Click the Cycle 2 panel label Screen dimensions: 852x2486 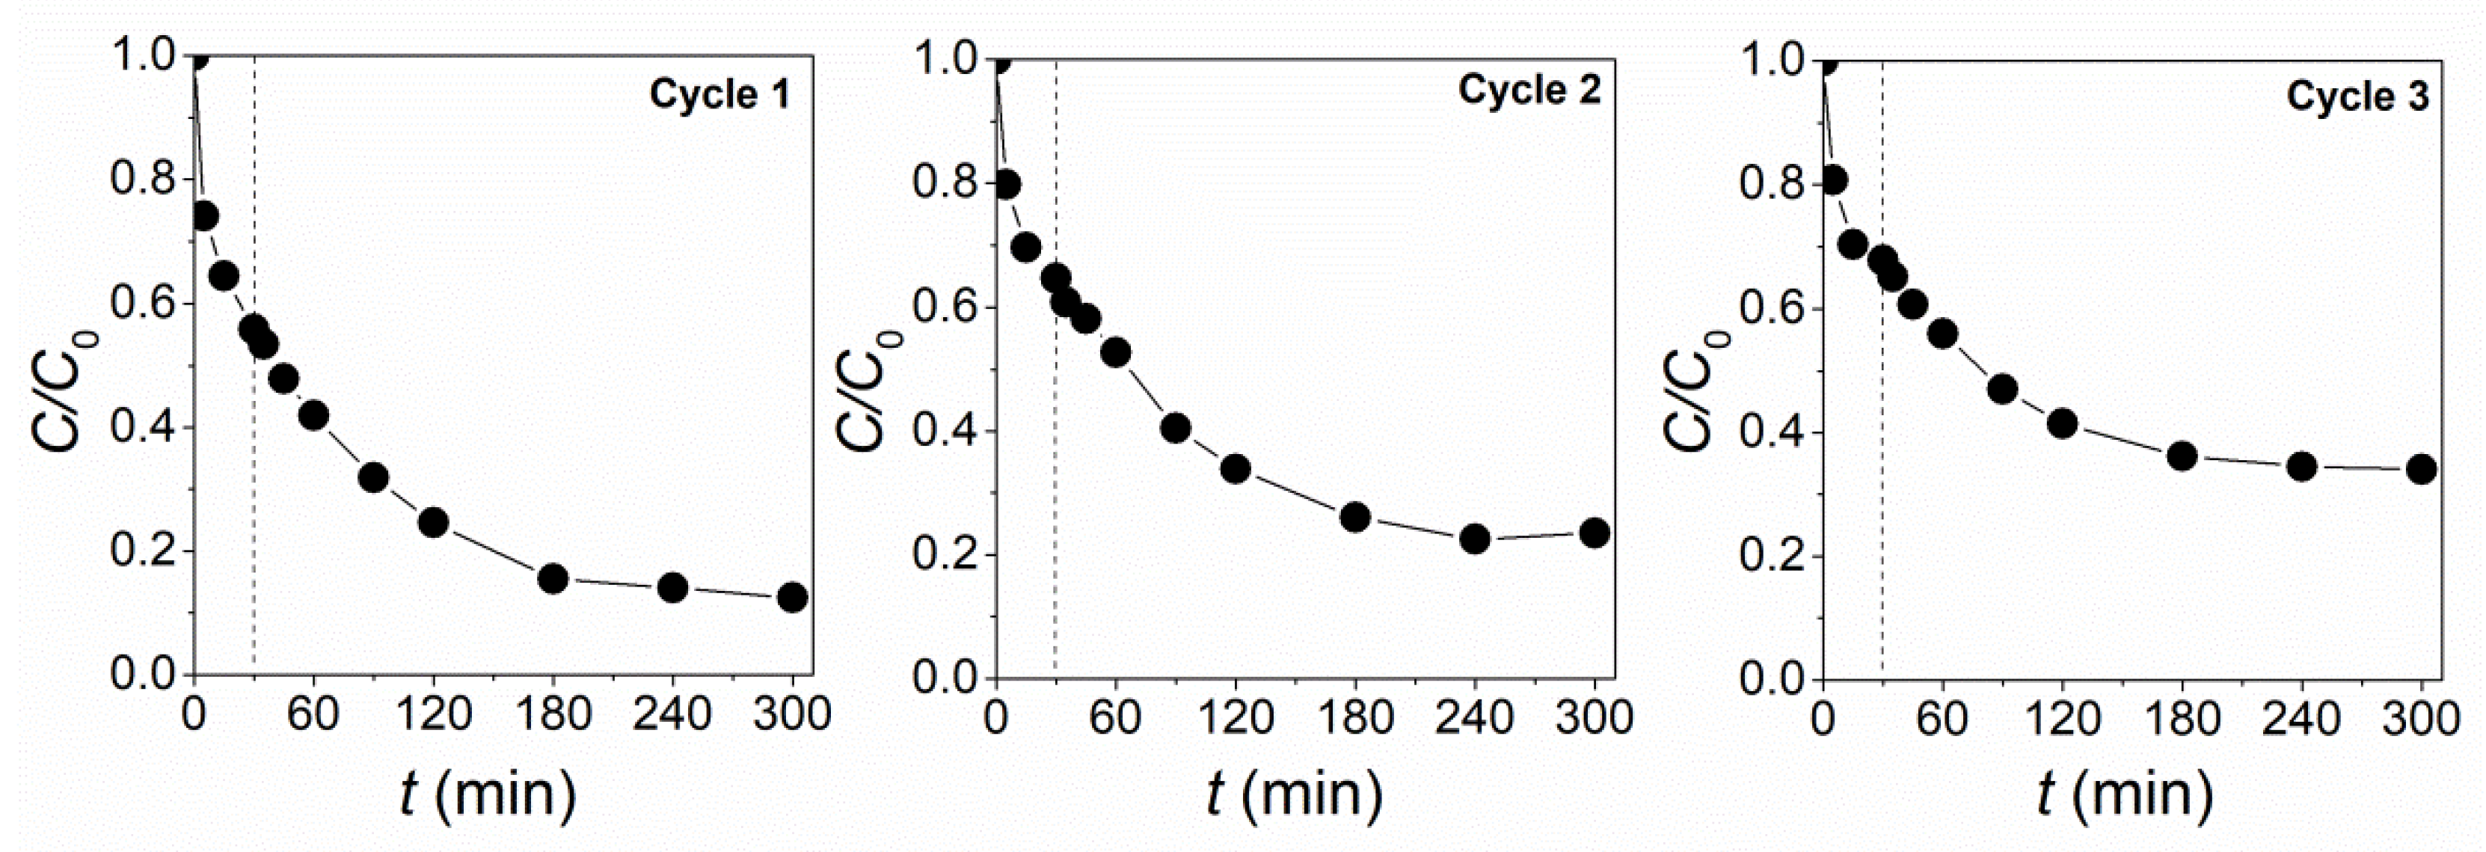pos(1529,90)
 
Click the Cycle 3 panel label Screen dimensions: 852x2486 pos(2357,96)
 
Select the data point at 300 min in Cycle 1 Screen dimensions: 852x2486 pos(792,597)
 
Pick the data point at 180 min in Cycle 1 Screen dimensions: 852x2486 pos(553,578)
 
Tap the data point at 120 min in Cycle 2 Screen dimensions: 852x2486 pos(1236,469)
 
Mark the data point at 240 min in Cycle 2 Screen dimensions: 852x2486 pos(1475,539)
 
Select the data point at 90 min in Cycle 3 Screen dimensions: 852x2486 pos(2003,389)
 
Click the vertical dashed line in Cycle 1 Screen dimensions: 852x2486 pos(254,482)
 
